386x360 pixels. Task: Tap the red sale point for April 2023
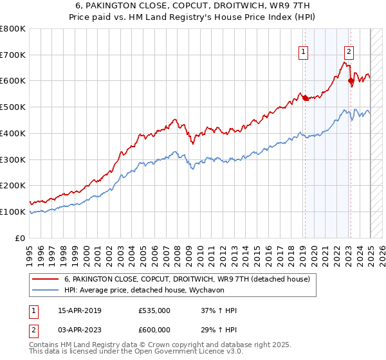click(351, 80)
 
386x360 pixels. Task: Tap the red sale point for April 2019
click(305, 98)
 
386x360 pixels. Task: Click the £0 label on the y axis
click(20, 238)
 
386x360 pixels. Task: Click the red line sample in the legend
click(46, 280)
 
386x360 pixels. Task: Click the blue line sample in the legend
click(46, 291)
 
